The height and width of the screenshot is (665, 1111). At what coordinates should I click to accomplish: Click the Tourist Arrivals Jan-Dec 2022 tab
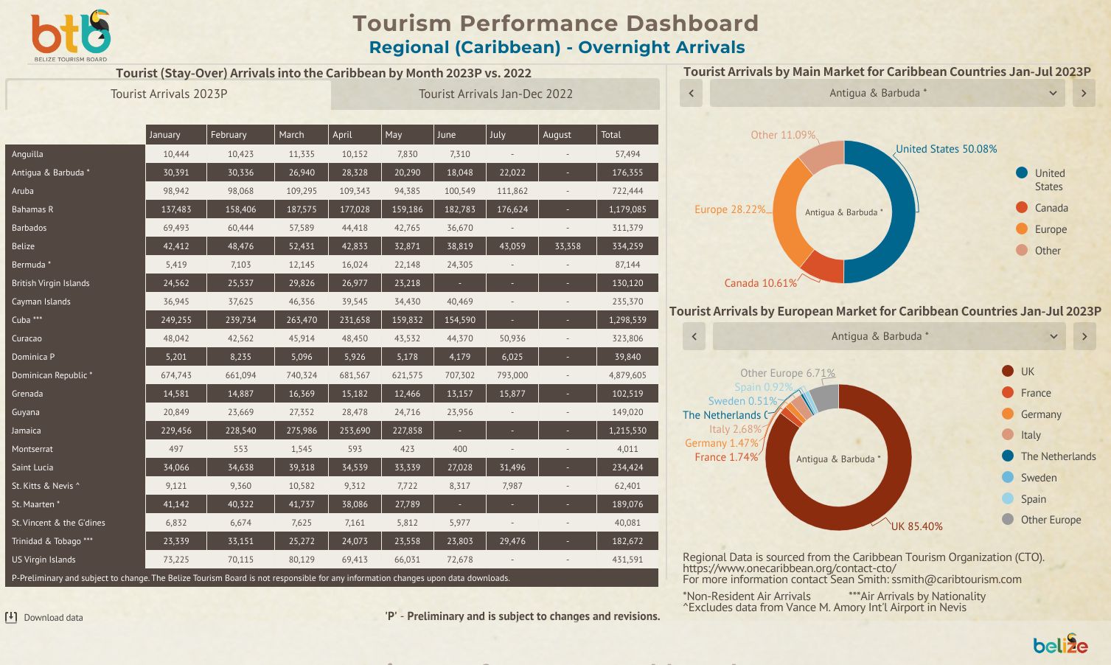(x=495, y=94)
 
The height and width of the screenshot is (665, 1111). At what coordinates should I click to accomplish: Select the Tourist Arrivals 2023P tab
(x=169, y=94)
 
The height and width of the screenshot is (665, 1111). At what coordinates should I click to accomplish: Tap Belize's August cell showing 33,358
(x=567, y=246)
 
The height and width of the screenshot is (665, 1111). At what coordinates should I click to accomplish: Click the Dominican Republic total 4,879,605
(x=627, y=375)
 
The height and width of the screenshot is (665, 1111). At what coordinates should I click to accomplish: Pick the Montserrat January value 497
(x=176, y=449)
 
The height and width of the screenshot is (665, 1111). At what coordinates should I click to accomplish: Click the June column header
(x=447, y=135)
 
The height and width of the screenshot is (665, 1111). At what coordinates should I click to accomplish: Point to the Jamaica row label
(x=27, y=431)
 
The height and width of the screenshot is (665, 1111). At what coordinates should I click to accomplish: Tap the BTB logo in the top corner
(x=71, y=35)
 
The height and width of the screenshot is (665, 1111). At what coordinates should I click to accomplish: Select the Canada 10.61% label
(x=760, y=283)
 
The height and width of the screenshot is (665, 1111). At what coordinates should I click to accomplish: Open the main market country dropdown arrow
(x=1053, y=93)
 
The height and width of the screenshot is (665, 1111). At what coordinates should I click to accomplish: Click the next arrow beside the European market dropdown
(x=1084, y=336)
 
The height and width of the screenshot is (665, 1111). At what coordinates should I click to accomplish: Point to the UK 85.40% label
(x=916, y=526)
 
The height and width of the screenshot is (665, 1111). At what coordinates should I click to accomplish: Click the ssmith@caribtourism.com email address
(x=956, y=579)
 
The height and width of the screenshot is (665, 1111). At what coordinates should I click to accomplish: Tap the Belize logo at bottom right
(x=1060, y=645)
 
